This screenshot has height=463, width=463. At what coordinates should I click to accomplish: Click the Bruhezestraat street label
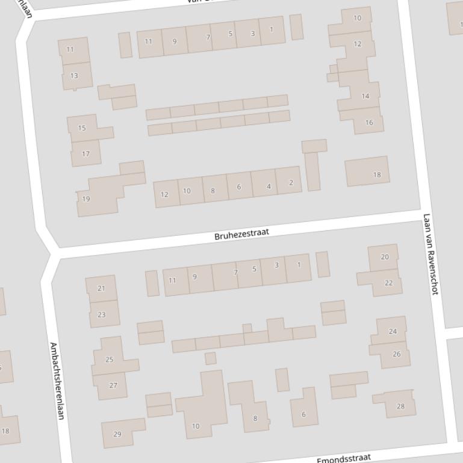tap(241, 235)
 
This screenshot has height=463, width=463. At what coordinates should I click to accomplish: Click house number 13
tap(74, 76)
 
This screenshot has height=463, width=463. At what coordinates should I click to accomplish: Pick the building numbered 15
tap(82, 127)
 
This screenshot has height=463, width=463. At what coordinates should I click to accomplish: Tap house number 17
tap(85, 154)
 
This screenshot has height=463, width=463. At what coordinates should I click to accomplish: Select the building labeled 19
tap(86, 198)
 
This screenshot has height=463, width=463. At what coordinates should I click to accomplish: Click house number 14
tap(365, 96)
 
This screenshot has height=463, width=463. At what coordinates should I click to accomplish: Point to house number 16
tap(369, 122)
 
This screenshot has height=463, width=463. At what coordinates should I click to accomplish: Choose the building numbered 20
tap(385, 257)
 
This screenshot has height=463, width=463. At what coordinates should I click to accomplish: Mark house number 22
tap(388, 283)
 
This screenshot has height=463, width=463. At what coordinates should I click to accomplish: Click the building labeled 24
tap(393, 331)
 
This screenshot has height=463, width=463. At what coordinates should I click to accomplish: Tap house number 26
tap(396, 354)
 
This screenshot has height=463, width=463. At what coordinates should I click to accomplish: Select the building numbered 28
tap(400, 406)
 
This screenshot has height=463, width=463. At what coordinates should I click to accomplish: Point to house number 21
tap(101, 289)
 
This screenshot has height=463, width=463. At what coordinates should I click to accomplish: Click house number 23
tap(101, 314)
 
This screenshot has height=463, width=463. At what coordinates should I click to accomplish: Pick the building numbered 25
tap(110, 360)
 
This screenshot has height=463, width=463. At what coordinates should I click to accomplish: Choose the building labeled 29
tap(117, 434)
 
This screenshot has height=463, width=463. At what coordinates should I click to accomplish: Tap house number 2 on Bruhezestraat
tap(291, 183)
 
